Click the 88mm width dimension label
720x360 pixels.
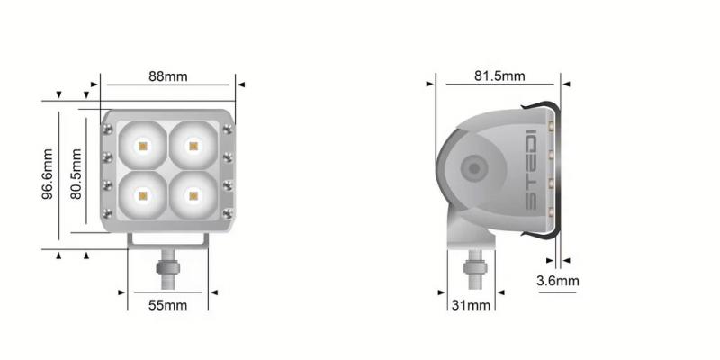(168, 76)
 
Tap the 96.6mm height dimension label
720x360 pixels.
(50, 175)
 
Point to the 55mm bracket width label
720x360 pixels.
(167, 306)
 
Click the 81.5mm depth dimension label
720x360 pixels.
(499, 76)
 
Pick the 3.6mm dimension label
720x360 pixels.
(558, 281)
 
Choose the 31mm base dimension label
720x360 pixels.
(471, 306)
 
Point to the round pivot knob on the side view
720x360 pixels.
(472, 168)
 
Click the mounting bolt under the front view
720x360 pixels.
(166, 269)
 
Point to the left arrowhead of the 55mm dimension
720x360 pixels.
(123, 292)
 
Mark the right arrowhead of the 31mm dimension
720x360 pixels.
(499, 292)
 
